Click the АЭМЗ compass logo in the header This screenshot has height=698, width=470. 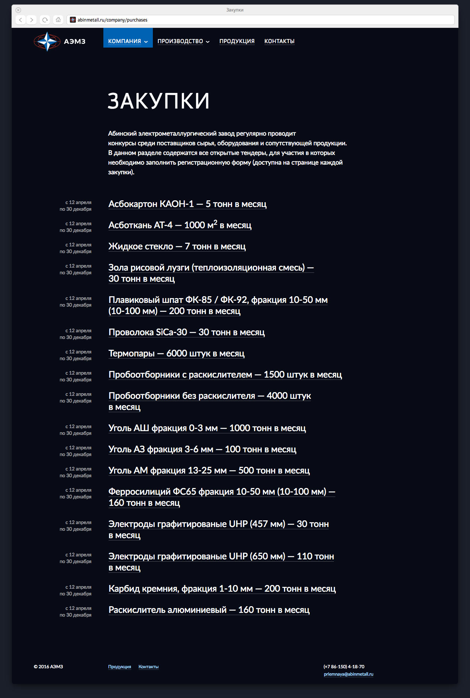click(47, 41)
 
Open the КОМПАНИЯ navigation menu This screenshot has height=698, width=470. click(128, 41)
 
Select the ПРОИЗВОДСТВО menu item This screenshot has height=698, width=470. click(183, 41)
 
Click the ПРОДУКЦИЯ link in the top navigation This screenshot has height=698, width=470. click(237, 41)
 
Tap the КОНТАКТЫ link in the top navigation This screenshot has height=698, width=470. click(279, 41)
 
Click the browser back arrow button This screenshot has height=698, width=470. click(21, 20)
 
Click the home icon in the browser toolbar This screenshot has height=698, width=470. click(58, 20)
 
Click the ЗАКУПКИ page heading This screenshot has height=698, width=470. click(159, 101)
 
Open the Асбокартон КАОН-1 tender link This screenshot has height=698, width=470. click(187, 204)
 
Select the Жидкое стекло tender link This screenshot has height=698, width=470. click(177, 246)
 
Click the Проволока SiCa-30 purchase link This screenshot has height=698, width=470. click(187, 332)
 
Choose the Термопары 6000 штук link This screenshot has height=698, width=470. click(177, 353)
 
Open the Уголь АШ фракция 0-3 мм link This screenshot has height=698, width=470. click(207, 428)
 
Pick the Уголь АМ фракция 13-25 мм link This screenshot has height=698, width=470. click(209, 471)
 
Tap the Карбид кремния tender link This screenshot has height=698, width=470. click(222, 589)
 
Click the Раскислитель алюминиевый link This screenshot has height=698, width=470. click(209, 610)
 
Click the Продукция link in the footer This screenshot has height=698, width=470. click(120, 667)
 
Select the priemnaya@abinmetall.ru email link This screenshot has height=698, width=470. click(348, 674)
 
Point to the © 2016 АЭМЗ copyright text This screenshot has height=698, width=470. click(48, 667)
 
